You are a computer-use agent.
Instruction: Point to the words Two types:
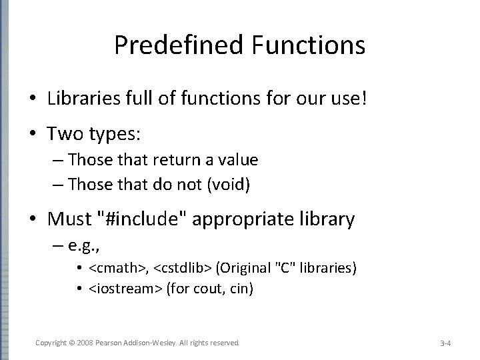[93, 133]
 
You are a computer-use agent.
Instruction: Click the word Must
[70, 219]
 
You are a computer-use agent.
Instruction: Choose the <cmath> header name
[111, 268]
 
